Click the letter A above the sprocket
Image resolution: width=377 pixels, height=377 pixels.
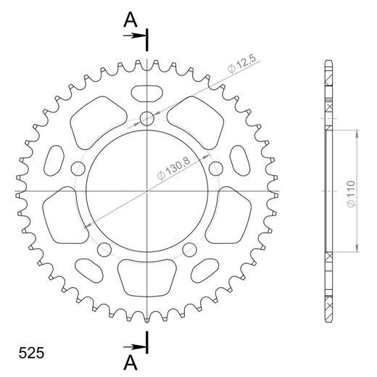[130, 20]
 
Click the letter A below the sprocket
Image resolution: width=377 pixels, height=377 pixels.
[130, 360]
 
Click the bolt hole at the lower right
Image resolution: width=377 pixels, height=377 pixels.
[190, 250]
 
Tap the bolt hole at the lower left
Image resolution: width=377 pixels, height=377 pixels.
[104, 250]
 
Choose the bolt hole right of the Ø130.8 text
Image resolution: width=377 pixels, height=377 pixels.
[215, 168]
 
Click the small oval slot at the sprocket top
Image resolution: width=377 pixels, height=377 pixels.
[147, 92]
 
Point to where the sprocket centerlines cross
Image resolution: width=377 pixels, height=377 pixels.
[147, 191]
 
